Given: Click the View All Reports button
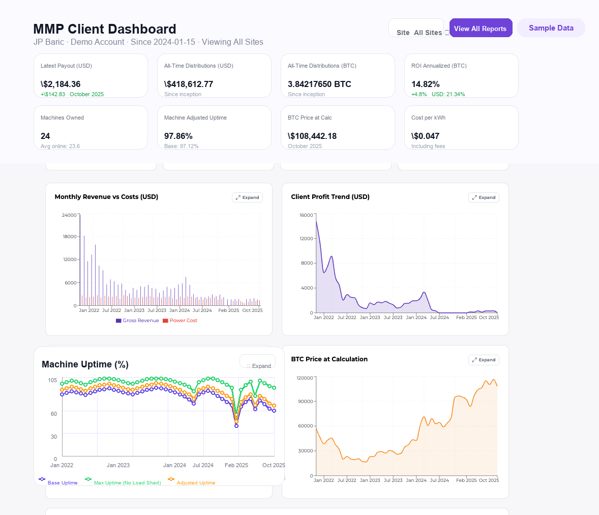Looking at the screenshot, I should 481,28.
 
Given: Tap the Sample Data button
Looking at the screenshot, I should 551,28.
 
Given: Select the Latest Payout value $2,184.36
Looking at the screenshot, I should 61,84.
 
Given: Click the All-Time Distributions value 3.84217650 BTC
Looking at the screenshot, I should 319,84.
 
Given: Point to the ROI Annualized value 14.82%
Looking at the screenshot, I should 426,84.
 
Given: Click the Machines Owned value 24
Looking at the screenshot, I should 45,136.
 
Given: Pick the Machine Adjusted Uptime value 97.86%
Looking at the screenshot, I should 178,136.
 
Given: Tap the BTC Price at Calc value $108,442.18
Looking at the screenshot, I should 312,136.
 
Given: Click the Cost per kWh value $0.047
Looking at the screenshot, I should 425,136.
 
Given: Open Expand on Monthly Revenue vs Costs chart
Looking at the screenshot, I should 247,197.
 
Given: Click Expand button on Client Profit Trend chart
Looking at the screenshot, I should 484,197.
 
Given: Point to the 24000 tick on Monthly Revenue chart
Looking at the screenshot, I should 69,215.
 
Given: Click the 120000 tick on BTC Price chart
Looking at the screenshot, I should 305,378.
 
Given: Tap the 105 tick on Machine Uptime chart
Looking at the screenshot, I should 52,380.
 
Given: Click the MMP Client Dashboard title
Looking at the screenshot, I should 105,29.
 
